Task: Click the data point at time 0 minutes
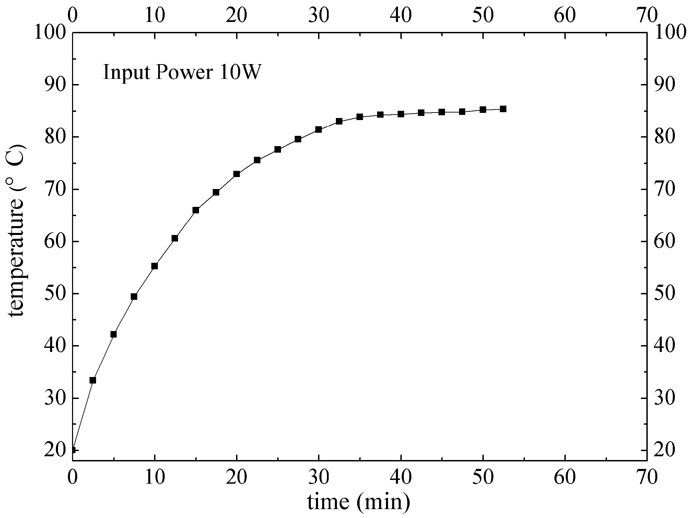[x=73, y=450]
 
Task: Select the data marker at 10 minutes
[x=154, y=266]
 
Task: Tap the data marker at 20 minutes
[x=236, y=174]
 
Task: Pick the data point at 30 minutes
[x=318, y=129]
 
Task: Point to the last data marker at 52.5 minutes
[x=503, y=109]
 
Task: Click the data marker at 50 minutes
[x=483, y=110]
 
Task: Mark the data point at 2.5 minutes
[x=93, y=380]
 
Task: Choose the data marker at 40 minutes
[x=401, y=114]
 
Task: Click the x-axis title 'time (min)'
[x=359, y=502]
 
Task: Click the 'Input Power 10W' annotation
[x=181, y=72]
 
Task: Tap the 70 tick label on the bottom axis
[x=646, y=477]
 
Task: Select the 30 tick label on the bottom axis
[x=318, y=477]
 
